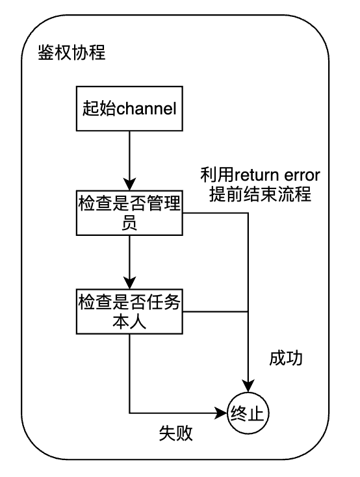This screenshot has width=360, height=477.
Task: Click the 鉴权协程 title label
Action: coord(71,53)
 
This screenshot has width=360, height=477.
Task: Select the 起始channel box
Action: coord(129,109)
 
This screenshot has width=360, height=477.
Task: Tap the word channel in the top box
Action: coord(146,109)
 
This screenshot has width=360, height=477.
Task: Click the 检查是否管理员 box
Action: coord(129,213)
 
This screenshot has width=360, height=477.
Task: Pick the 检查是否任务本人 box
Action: coord(129,311)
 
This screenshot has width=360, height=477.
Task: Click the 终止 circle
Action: coord(248,413)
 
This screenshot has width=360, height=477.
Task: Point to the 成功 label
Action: coord(286,358)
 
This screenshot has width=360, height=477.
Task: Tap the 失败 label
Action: coord(176,433)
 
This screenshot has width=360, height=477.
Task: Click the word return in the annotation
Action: coord(257,175)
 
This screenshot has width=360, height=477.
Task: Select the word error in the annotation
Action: coord(302,176)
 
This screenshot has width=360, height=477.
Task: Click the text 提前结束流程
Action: coord(260,194)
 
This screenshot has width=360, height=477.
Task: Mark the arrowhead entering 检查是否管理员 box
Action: coord(129,185)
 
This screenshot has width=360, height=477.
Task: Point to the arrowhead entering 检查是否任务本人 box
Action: coord(129,283)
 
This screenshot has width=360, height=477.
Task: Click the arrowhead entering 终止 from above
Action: coord(248,386)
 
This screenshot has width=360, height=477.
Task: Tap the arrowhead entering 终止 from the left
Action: coord(221,413)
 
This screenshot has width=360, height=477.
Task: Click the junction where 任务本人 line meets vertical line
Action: coord(248,311)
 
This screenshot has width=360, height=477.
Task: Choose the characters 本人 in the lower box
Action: coord(129,322)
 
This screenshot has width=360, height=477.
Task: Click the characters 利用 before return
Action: coord(217,175)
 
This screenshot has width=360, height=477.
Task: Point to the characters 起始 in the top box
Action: coord(99,109)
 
